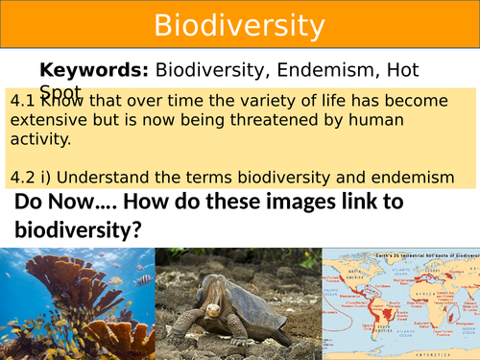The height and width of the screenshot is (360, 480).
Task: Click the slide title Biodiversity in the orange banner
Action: tap(239, 23)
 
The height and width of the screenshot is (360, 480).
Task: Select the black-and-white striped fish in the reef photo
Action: tap(143, 280)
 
